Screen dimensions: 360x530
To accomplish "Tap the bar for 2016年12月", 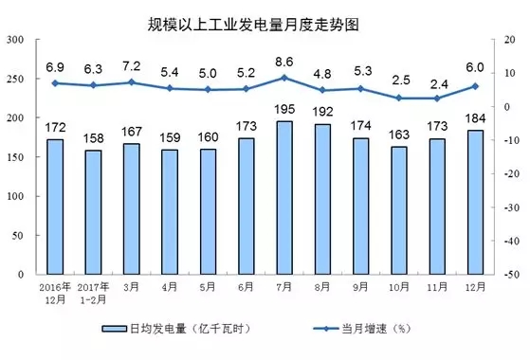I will tap(55, 207).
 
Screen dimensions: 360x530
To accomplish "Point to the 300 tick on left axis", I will tap(16, 40).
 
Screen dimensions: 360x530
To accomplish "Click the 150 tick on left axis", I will tap(16, 157).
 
